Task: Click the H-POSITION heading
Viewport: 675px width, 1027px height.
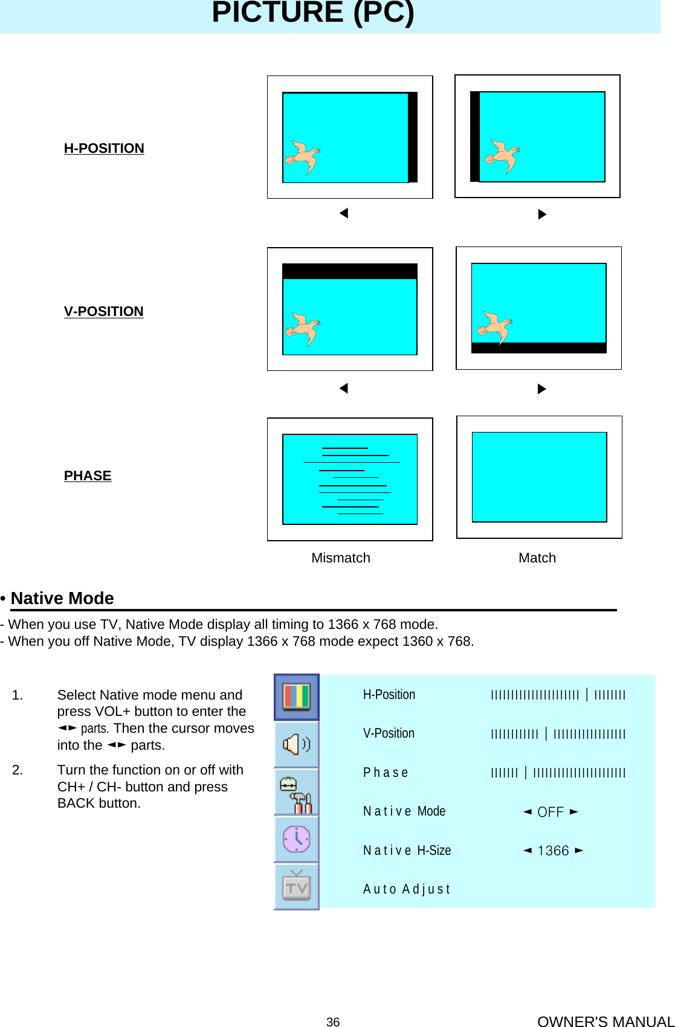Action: tap(104, 148)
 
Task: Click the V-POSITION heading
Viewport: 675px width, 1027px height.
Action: tap(103, 311)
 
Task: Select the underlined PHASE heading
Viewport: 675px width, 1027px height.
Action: tap(88, 475)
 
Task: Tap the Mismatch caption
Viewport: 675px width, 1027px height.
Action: tap(340, 558)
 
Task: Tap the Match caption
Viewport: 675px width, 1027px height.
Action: tap(537, 558)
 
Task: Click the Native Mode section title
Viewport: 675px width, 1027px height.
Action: tap(62, 598)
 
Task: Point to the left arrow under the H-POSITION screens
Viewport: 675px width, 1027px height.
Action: tap(344, 213)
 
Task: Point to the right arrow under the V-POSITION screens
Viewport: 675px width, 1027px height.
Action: tap(541, 388)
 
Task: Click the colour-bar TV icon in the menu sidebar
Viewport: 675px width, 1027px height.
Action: tap(296, 697)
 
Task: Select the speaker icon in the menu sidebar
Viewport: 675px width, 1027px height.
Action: tap(296, 744)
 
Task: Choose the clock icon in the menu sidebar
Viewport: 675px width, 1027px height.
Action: tap(296, 839)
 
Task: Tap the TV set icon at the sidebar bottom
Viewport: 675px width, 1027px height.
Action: tap(296, 887)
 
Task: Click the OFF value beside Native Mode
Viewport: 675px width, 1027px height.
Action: tap(550, 812)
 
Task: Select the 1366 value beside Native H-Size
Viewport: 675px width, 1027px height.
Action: tap(553, 851)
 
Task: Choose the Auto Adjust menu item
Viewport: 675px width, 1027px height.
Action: tap(407, 889)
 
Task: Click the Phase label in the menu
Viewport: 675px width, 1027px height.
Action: tap(386, 773)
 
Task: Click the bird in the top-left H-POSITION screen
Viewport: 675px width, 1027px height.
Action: tap(303, 157)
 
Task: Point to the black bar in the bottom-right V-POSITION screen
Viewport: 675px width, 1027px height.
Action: tap(538, 347)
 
